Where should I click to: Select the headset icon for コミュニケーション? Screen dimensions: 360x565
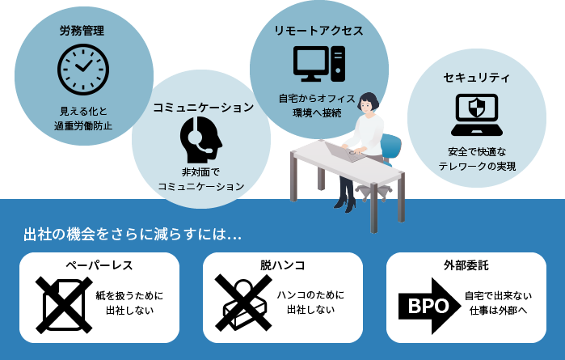pos(200,139)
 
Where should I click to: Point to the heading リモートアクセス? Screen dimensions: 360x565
pos(318,30)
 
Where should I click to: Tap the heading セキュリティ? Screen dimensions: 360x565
pos(477,78)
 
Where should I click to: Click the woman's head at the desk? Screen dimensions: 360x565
pos(369,102)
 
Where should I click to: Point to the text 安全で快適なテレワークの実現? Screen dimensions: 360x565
pos(477,159)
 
